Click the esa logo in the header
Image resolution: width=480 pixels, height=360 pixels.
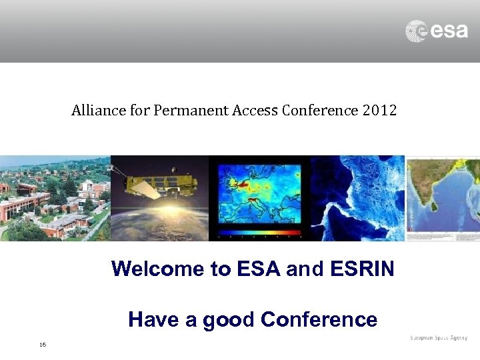(437, 31)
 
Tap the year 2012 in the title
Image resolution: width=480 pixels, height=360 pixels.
(380, 110)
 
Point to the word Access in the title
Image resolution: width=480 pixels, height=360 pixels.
(255, 110)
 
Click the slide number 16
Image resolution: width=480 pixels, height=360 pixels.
(43, 345)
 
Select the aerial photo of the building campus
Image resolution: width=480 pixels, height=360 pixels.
(55, 198)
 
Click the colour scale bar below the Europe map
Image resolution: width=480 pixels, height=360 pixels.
(260, 233)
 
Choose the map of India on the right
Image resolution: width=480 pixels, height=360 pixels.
(443, 198)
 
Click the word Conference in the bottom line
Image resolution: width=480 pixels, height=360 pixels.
(319, 320)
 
